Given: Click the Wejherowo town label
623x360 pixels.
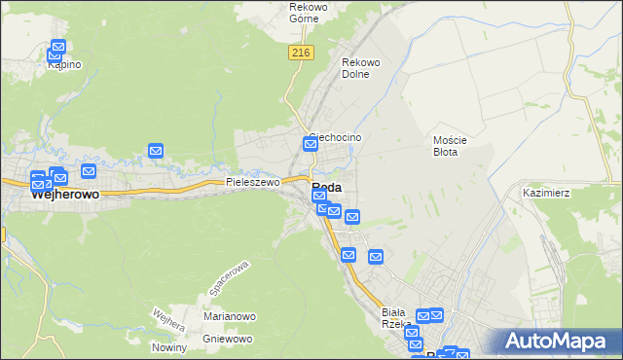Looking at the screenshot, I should coord(66,195).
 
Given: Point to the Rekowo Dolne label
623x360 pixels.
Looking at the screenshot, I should coord(360,68).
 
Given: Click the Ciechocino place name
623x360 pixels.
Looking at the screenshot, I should coord(337,138).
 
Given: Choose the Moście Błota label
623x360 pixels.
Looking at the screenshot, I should coord(451,146).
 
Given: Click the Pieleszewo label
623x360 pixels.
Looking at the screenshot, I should coord(252,182).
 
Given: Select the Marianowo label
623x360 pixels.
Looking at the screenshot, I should coord(229,316).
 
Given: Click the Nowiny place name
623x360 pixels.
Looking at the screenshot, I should coord(168,347).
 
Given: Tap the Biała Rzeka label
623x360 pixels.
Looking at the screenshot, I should coord(398,317).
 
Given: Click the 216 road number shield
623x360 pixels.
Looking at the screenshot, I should coord(300,54).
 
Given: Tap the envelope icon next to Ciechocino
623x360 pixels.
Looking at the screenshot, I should coord(311,145).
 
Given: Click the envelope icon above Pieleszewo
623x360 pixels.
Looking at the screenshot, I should coord(156,150).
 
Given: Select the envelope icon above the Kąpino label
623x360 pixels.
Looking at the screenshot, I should coord(58,46).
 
